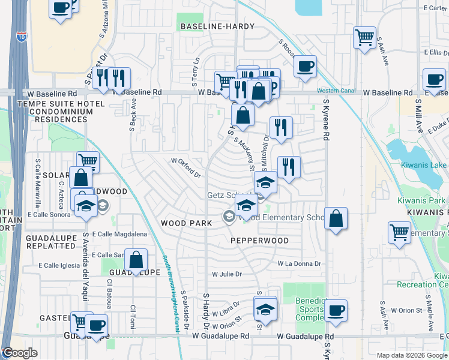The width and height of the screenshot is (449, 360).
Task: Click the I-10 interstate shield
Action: (21, 36)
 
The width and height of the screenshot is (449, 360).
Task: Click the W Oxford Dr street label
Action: (185, 166)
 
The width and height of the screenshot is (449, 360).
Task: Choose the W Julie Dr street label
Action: (226, 274)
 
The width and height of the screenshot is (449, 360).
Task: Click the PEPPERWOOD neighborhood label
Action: (259, 241)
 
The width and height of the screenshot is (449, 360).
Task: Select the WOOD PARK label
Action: (187, 223)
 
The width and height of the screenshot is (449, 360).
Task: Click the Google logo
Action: (19, 353)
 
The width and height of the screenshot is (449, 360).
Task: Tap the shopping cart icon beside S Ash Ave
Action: (364, 37)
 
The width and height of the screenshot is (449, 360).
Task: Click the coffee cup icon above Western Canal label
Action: (305, 66)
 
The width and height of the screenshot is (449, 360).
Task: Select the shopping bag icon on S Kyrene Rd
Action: (336, 218)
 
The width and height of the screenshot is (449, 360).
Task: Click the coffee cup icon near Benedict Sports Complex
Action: (336, 310)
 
